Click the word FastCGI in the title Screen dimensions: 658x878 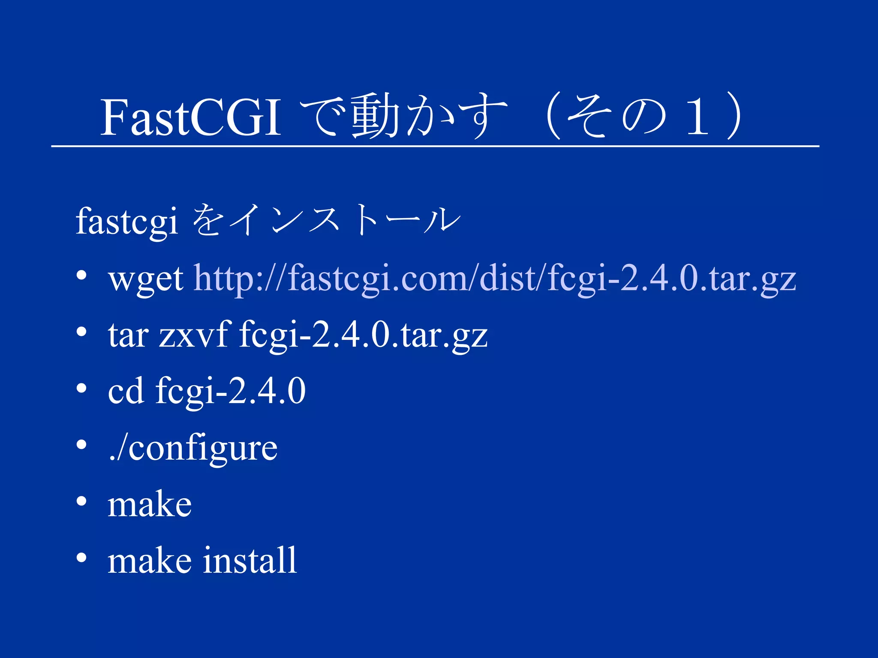pyautogui.click(x=190, y=117)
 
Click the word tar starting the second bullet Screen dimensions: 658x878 pyautogui.click(x=128, y=335)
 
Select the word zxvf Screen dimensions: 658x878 pyautogui.click(x=193, y=335)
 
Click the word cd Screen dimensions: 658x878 pyautogui.click(x=126, y=391)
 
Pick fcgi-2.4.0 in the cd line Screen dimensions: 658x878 pyautogui.click(x=230, y=391)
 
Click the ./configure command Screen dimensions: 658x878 pyautogui.click(x=193, y=448)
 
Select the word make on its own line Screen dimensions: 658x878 pyautogui.click(x=149, y=505)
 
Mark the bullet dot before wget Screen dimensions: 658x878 pyautogui.click(x=81, y=275)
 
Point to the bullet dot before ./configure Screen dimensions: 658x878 pyautogui.click(x=81, y=445)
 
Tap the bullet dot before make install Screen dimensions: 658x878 pyautogui.click(x=81, y=557)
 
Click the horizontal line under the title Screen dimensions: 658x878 pyautogui.click(x=435, y=146)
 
